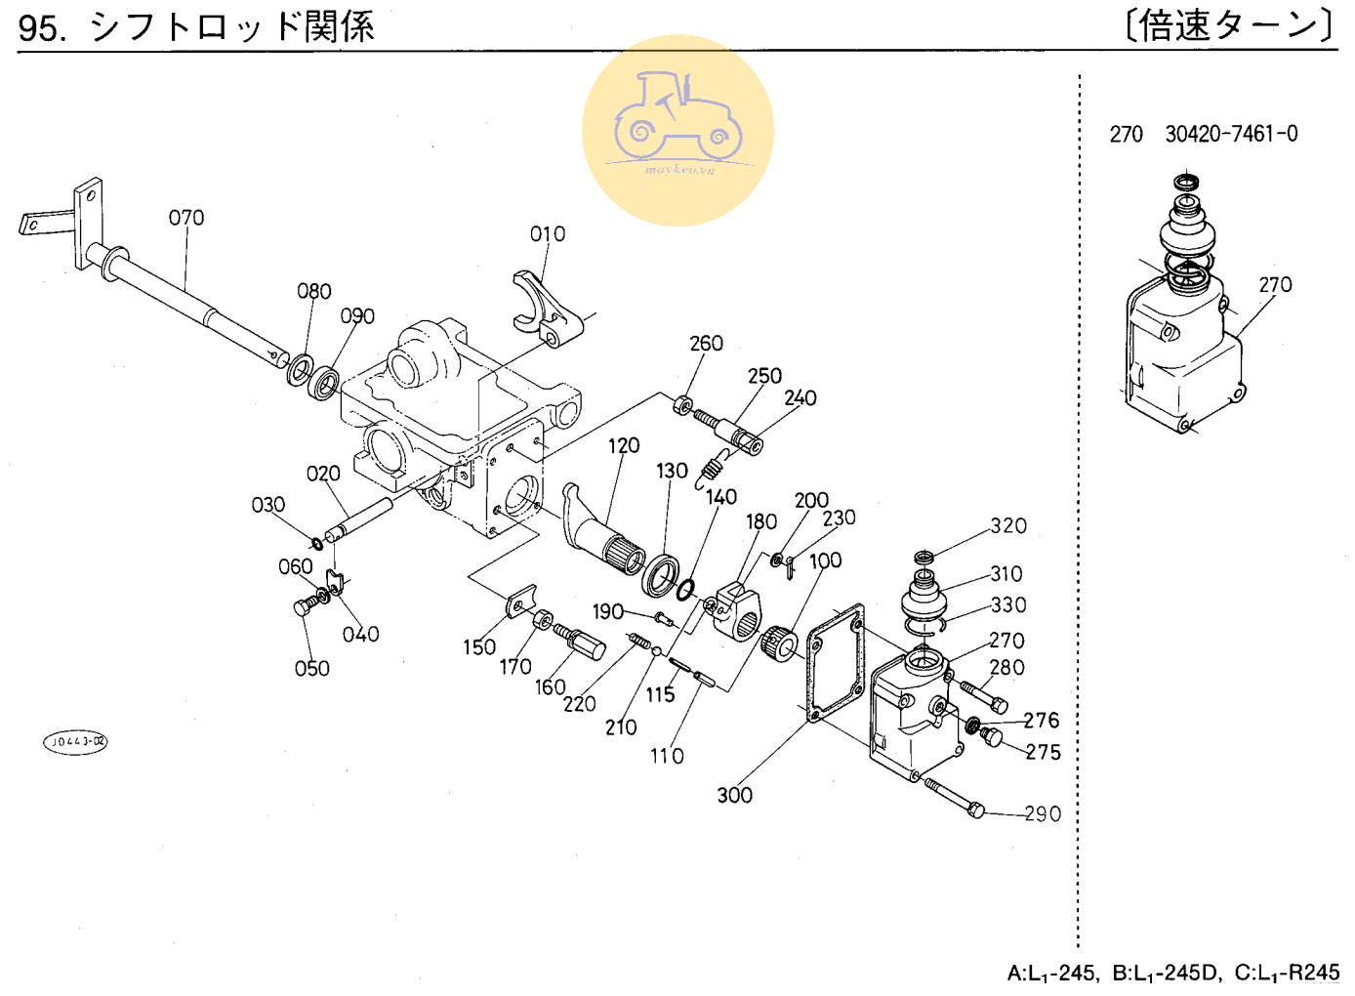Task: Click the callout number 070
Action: point(186,218)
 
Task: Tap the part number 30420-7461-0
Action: point(1231,134)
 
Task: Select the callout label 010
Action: point(548,234)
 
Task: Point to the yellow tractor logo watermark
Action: point(677,131)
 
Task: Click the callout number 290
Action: point(1043,813)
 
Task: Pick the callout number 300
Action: point(734,795)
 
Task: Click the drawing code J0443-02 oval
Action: point(75,742)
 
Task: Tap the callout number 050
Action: point(311,669)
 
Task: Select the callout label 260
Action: point(706,344)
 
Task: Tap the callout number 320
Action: point(1008,525)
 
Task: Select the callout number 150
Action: point(479,647)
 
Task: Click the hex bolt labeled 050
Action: point(303,607)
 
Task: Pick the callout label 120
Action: point(624,446)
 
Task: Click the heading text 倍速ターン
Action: point(1229,25)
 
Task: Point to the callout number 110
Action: point(667,756)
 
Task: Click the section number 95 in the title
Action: point(39,27)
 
